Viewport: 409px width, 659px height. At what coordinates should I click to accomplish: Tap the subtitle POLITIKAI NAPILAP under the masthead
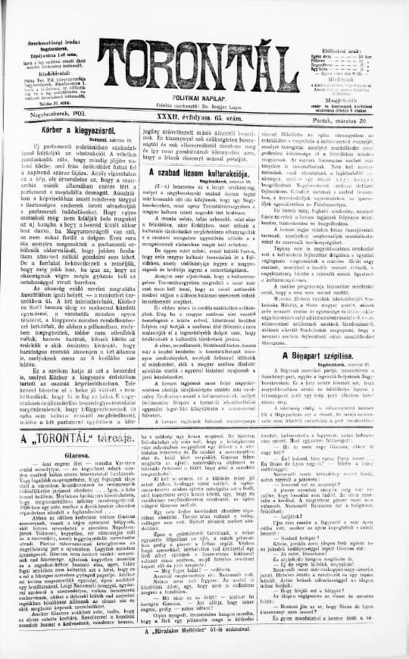coord(204,92)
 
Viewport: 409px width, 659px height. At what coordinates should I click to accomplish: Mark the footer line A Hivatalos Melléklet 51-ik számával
coord(204,650)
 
